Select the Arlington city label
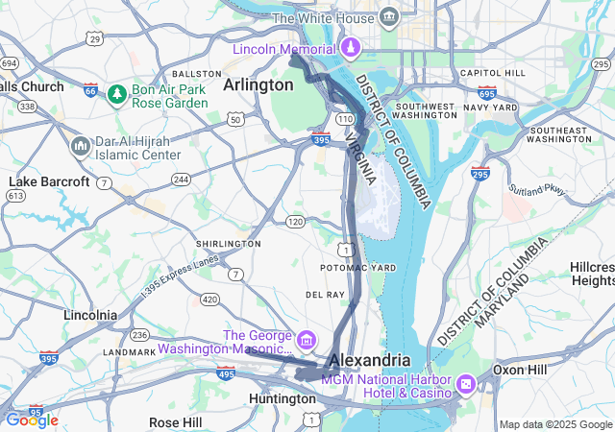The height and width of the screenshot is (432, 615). pos(258,84)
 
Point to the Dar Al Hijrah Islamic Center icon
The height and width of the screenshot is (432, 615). pos(81,146)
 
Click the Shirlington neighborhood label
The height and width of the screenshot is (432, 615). pos(228,244)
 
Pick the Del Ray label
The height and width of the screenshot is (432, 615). pos(325,294)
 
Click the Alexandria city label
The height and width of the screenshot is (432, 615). pos(369,360)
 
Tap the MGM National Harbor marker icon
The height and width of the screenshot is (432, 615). pos(466,384)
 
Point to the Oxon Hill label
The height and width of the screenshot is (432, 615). pos(520,370)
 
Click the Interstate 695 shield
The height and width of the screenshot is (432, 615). pos(486,93)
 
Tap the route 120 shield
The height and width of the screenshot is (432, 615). pos(295,222)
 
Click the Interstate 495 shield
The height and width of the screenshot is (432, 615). pos(226,372)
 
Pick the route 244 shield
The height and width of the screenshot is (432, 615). pos(181,180)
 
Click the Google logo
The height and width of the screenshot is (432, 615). pos(32,420)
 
